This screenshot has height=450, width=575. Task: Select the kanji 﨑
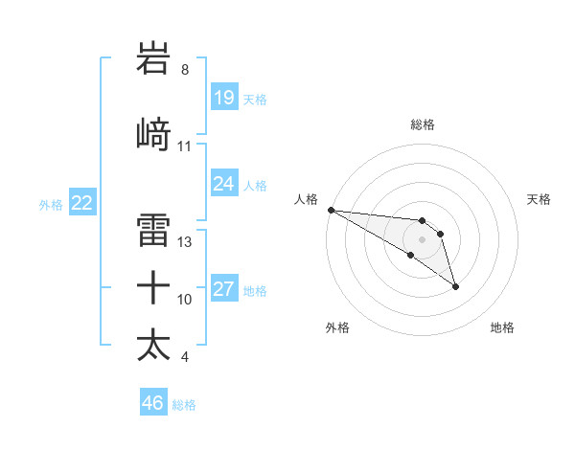(154, 135)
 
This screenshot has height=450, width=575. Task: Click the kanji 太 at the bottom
(154, 344)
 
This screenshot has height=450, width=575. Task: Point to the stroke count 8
(185, 70)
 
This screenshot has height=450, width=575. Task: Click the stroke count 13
(185, 242)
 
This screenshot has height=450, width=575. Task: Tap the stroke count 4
(184, 357)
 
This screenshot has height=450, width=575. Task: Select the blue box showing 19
(223, 98)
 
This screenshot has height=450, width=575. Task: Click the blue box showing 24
(223, 184)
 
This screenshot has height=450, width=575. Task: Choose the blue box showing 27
(223, 289)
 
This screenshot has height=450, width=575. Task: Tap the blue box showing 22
(81, 203)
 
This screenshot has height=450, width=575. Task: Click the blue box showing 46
(152, 403)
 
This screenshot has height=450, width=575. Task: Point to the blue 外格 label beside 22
(51, 204)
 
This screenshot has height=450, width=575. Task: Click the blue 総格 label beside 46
(184, 405)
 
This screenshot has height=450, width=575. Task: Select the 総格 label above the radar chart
(422, 124)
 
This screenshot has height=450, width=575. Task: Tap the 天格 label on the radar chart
(540, 199)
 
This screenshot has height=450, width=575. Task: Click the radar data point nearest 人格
(331, 210)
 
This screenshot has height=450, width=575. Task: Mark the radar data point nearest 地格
(455, 286)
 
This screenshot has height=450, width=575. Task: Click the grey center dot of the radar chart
(422, 238)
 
